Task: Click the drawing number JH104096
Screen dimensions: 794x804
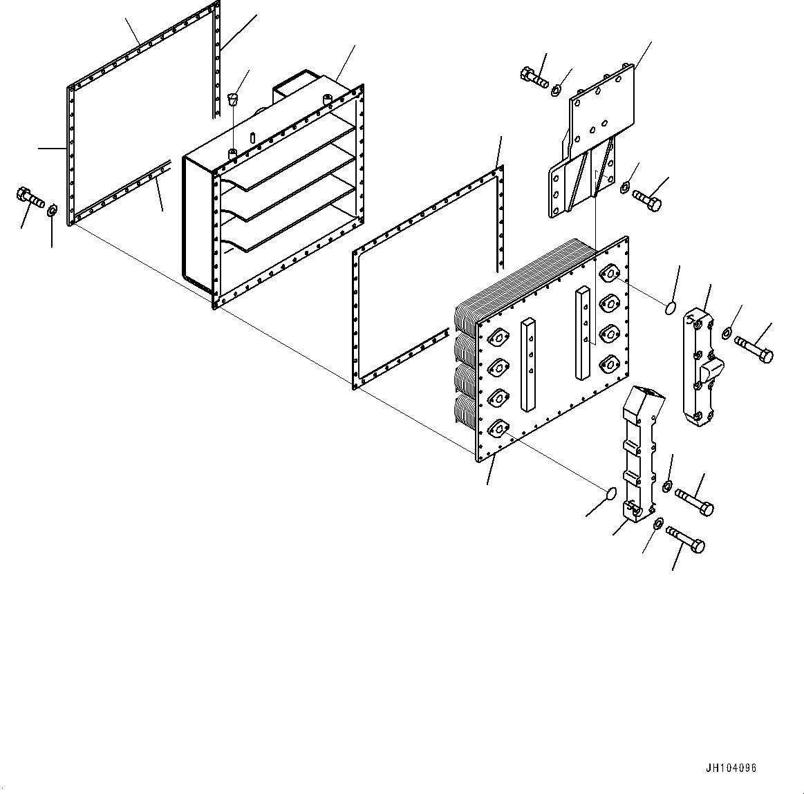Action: pos(731,768)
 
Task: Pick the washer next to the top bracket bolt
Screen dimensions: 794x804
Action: pos(557,90)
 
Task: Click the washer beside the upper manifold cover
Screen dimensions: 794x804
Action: pos(725,334)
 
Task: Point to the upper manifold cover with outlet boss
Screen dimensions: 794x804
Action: pos(704,366)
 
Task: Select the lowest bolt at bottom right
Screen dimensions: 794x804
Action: pos(685,539)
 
